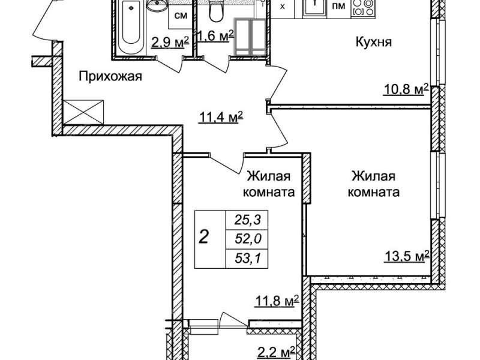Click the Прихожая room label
click(110, 77)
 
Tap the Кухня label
click(373, 41)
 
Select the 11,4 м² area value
click(221, 117)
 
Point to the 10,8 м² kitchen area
click(406, 91)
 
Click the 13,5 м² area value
click(406, 257)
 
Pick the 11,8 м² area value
click(277, 302)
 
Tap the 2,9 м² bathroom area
click(170, 43)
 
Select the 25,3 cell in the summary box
click(247, 220)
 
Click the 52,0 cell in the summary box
click(248, 239)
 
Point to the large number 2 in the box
click(204, 236)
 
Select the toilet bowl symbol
click(215, 11)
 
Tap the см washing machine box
click(181, 16)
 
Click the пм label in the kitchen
click(338, 5)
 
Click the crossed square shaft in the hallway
click(83, 112)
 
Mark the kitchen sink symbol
click(314, 7)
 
